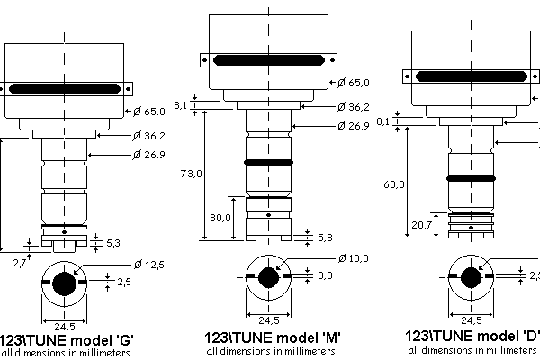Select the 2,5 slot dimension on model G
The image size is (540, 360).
pos(124,283)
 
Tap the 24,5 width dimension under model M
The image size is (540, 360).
pos(269,319)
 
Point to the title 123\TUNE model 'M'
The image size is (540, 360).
pos(270,337)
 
